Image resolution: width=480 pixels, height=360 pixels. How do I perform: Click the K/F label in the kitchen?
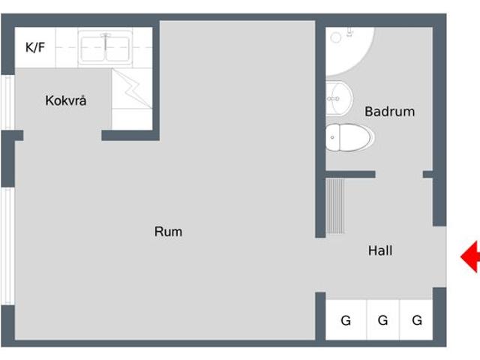pos(35,47)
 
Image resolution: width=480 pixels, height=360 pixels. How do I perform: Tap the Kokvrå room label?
pos(66,100)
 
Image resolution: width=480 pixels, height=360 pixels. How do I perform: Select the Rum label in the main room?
pos(168,232)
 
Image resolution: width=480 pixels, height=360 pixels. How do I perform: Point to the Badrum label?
pos(390,112)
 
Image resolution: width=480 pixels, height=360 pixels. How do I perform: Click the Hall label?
pos(380,250)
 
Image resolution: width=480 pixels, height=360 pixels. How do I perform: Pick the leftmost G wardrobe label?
pos(346,320)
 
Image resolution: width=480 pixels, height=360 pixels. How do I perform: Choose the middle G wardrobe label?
pos(383,320)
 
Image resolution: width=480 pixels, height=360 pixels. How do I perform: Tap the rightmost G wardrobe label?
pos(417,320)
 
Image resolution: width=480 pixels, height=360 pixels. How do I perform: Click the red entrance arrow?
pos(470,256)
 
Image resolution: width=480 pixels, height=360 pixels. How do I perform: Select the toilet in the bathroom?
pos(349,137)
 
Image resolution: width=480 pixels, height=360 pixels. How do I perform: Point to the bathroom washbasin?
pos(338,98)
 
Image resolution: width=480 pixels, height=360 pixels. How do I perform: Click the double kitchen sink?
pos(105,48)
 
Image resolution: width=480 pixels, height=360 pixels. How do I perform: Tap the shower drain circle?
pos(336,37)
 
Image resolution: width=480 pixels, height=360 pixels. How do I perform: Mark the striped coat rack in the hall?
pos(335,205)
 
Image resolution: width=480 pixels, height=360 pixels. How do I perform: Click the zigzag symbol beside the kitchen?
pos(132,88)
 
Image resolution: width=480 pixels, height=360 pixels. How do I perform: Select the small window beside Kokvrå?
pos(7,102)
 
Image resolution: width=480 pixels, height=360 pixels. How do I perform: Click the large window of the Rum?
pos(7,246)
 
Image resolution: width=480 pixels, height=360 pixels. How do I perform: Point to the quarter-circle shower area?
pos(349,51)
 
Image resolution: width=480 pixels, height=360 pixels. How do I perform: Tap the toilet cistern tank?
pos(333,137)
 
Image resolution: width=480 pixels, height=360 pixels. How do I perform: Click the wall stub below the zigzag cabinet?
pos(130,135)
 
